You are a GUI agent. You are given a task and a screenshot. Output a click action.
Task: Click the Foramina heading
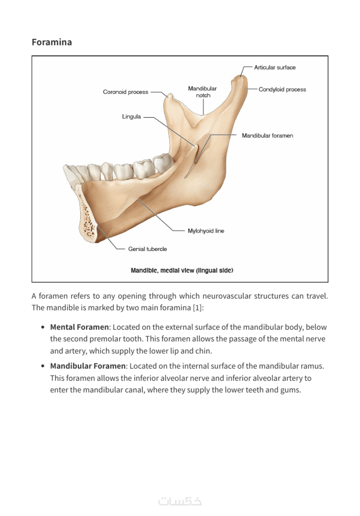(52, 42)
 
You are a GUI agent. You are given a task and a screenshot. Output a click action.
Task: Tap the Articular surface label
(275, 67)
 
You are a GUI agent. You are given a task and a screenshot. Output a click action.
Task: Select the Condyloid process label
(282, 90)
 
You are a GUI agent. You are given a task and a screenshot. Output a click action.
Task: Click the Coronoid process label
(126, 92)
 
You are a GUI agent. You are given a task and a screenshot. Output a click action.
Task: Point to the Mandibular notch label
(202, 92)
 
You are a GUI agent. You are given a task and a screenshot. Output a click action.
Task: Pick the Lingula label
(131, 117)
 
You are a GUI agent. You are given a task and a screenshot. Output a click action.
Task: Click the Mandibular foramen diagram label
(268, 135)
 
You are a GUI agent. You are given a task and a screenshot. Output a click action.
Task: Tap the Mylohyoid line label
(206, 231)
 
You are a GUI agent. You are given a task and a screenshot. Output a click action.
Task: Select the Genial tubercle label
(148, 249)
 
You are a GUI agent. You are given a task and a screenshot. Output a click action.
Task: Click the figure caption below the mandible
(182, 270)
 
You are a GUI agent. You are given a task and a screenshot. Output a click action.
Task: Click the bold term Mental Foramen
(79, 327)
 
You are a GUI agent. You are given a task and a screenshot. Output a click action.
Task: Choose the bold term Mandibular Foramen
(88, 366)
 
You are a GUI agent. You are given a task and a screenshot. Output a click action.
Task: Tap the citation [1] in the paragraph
(197, 308)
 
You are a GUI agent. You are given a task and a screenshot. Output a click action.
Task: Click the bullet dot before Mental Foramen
(43, 328)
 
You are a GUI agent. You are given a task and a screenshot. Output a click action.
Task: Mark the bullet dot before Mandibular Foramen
(43, 366)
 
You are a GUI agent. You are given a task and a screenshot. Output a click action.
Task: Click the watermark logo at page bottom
(180, 501)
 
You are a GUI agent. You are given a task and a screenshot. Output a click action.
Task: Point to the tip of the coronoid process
(170, 95)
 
